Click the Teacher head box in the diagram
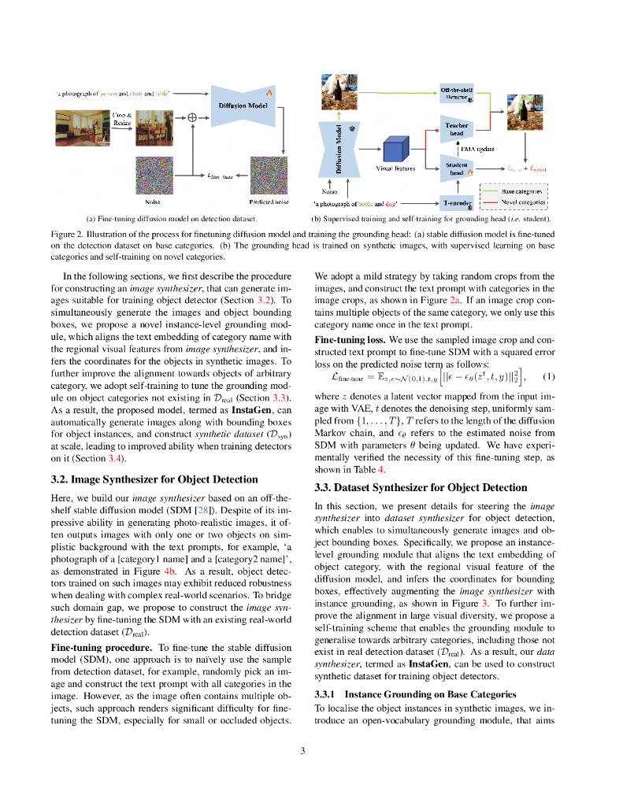pyautogui.click(x=457, y=129)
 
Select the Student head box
pyautogui.click(x=457, y=168)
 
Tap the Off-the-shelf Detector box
pyautogui.click(x=457, y=94)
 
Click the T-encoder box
pyautogui.click(x=457, y=202)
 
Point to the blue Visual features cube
pyautogui.click(x=395, y=150)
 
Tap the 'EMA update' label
pyautogui.click(x=478, y=149)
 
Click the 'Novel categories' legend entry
pyautogui.click(x=523, y=201)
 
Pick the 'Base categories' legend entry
pyautogui.click(x=523, y=191)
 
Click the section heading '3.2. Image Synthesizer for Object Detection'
pyautogui.click(x=154, y=479)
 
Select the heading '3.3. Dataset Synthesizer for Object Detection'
pyautogui.click(x=421, y=488)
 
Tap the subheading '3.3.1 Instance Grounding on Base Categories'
pyautogui.click(x=414, y=695)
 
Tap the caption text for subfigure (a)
pyautogui.click(x=171, y=218)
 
